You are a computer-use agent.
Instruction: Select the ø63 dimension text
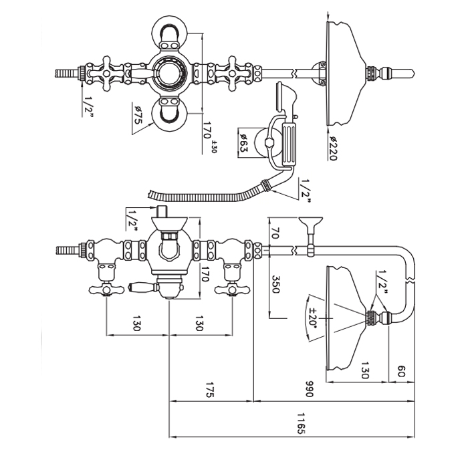pos(245,142)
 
